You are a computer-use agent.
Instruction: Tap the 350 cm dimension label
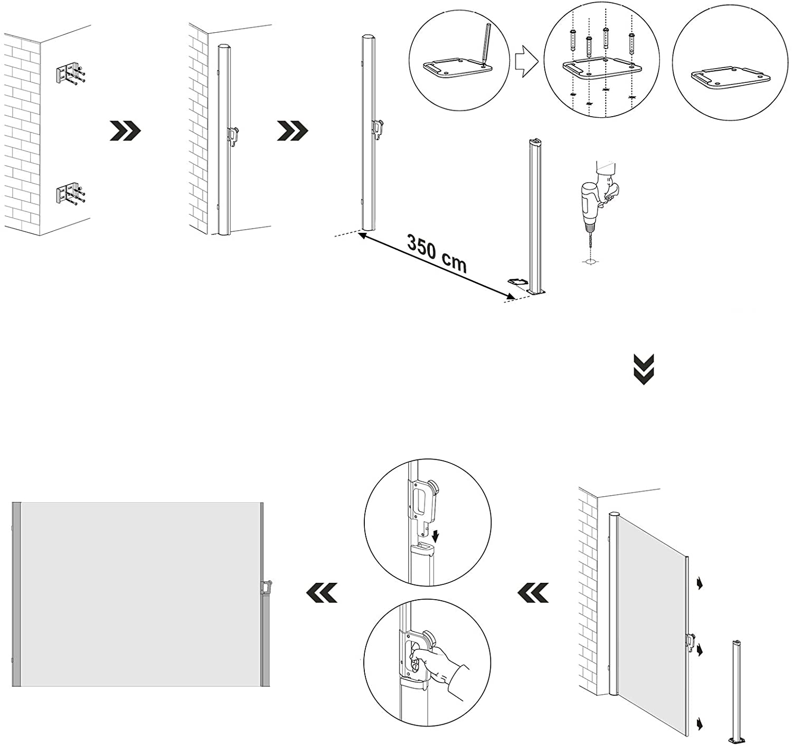tap(437, 253)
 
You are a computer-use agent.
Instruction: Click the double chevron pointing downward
tap(643, 369)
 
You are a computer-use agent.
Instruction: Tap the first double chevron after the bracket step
tap(125, 130)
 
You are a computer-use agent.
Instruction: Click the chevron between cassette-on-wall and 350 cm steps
tap(293, 130)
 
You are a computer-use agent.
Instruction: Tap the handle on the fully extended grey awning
tap(266, 587)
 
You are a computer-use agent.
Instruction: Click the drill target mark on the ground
tap(589, 261)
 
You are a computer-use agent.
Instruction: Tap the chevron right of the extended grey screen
tap(322, 593)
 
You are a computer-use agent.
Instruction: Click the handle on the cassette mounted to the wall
tap(234, 135)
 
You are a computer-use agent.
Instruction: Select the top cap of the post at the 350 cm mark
tap(535, 141)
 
